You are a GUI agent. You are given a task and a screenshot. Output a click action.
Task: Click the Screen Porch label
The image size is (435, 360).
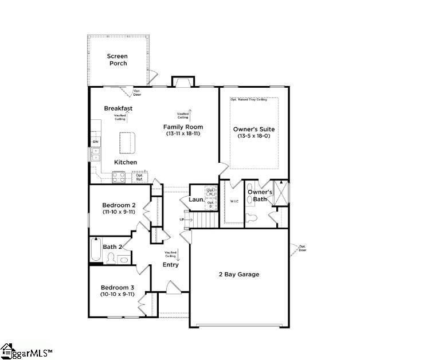(x=118, y=60)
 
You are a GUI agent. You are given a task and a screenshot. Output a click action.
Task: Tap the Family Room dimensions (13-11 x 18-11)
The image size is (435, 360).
(x=183, y=134)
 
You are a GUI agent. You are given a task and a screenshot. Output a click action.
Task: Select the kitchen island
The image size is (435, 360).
(x=128, y=142)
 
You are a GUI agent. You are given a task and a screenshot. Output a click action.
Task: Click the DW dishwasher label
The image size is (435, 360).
(x=95, y=142)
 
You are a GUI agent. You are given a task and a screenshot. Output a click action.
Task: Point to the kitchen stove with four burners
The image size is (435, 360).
(x=119, y=177)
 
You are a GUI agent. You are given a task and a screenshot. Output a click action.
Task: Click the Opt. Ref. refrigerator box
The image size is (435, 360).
(x=139, y=177)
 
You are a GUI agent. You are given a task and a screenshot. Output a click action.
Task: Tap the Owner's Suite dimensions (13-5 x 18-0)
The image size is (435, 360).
(x=254, y=136)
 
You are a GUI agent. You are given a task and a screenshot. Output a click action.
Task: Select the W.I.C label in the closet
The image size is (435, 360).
(x=234, y=201)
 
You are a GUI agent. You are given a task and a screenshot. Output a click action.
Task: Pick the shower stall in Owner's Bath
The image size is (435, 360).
(x=281, y=193)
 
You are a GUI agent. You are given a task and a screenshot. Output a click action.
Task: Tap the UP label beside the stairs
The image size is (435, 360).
(x=182, y=220)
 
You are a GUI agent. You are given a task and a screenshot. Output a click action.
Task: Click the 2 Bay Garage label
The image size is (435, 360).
(x=238, y=275)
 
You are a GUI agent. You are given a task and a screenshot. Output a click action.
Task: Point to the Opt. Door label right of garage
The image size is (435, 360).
(x=302, y=249)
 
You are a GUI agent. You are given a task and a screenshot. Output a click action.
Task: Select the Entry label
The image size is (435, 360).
(x=170, y=265)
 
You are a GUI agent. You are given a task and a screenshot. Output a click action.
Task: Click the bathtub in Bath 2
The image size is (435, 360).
(x=96, y=251)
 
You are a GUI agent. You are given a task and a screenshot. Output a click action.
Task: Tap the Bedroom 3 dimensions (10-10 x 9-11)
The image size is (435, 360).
(x=117, y=294)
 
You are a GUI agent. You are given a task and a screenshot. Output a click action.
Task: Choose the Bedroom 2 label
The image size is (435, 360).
(x=119, y=205)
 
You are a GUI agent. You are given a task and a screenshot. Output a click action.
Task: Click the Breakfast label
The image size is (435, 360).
(x=118, y=108)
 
